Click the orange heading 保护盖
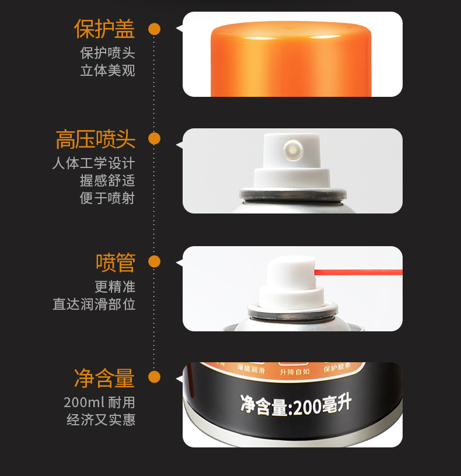(x=104, y=29)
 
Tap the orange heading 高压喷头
(x=95, y=139)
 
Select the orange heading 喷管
(x=116, y=262)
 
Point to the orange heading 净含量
(x=104, y=378)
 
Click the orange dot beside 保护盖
(x=154, y=29)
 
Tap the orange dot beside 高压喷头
(x=154, y=139)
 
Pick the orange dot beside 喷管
(x=154, y=262)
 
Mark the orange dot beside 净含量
(x=154, y=377)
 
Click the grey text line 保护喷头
(x=107, y=53)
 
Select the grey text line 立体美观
(x=107, y=71)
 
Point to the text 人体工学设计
(x=93, y=163)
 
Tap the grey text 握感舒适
(x=107, y=181)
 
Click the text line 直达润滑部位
(x=94, y=304)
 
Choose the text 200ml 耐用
(x=99, y=402)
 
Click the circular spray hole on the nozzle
(x=292, y=150)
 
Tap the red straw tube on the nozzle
(x=358, y=272)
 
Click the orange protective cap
(x=291, y=59)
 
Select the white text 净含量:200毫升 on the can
(x=296, y=405)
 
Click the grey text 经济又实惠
(x=101, y=420)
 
